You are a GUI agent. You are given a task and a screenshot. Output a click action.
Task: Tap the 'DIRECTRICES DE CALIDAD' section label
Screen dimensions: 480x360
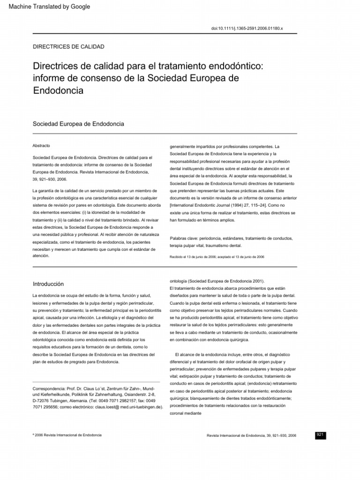pos(68,46)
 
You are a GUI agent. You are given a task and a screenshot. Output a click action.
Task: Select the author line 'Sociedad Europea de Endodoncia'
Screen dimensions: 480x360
pos(78,124)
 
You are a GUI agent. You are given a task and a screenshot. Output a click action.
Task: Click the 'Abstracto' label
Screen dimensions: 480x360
pos(41,146)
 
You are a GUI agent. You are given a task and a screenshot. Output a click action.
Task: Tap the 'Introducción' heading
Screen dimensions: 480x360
pos(48,284)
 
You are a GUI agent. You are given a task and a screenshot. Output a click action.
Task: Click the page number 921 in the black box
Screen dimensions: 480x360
pos(321,435)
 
